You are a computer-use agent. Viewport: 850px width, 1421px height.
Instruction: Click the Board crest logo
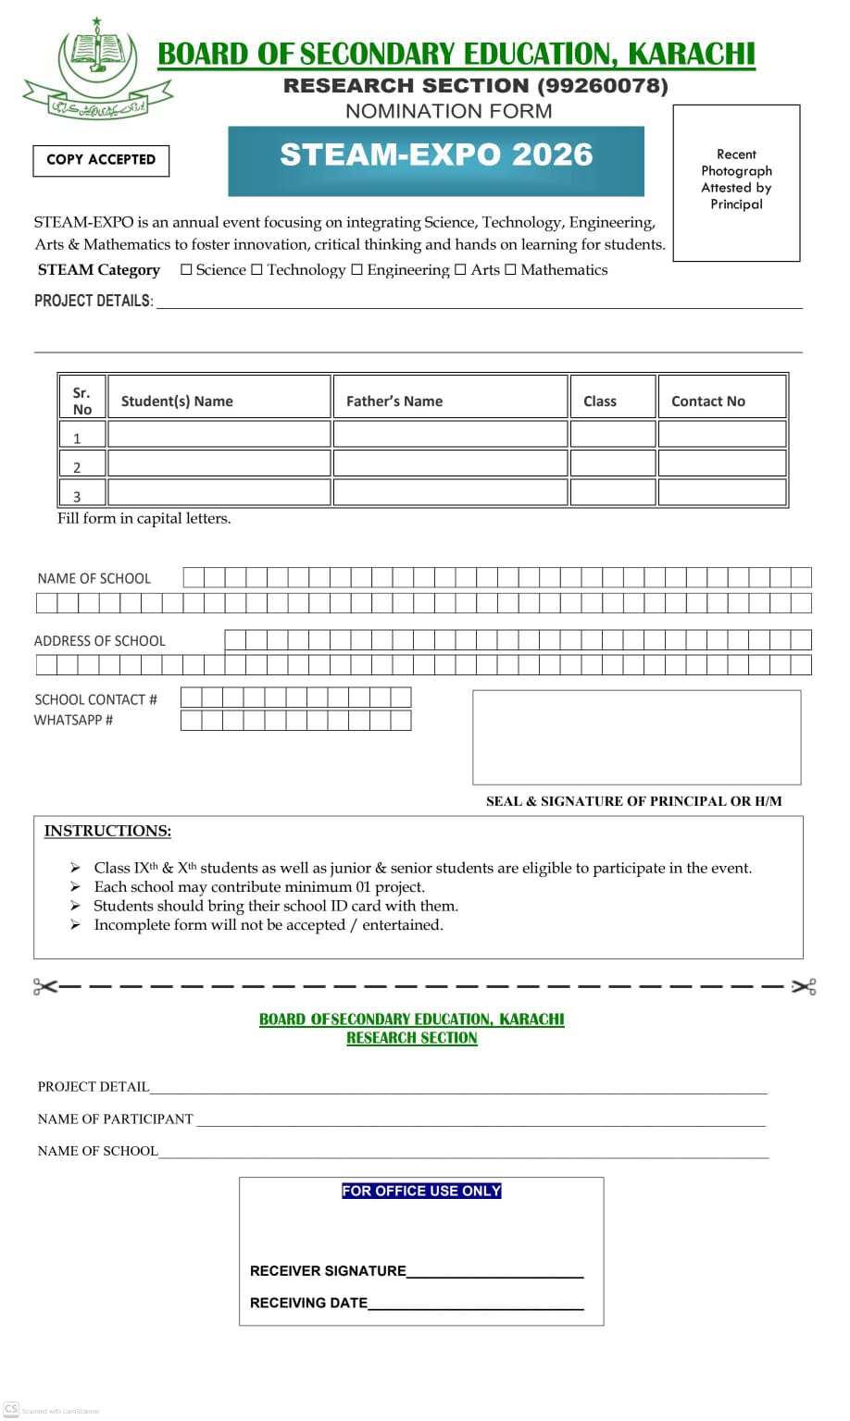tap(97, 69)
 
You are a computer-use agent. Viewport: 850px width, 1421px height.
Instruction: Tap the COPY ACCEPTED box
tap(101, 160)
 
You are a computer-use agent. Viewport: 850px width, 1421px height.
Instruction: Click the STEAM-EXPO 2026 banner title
tap(436, 154)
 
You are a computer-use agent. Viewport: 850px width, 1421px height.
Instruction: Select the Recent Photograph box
tap(736, 182)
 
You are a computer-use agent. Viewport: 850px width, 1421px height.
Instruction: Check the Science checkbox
tap(186, 270)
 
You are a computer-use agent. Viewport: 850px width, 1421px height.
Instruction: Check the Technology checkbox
tap(257, 270)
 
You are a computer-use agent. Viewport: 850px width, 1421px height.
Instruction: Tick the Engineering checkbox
tap(357, 270)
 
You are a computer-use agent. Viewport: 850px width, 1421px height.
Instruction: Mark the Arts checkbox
tap(461, 270)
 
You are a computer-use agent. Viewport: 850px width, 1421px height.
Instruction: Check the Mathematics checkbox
tap(511, 270)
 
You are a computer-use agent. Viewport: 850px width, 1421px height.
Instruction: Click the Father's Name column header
tap(394, 402)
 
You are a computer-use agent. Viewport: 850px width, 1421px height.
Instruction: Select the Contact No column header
tap(708, 402)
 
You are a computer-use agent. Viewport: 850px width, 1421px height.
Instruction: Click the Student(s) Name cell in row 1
tap(219, 434)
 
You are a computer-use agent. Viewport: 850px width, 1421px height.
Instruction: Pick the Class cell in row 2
tap(613, 463)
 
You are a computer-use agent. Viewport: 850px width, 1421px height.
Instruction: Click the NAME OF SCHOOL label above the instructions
tap(94, 579)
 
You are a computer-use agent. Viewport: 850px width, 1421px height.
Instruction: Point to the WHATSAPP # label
tap(74, 721)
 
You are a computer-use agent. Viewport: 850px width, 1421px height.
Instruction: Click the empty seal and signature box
tap(636, 737)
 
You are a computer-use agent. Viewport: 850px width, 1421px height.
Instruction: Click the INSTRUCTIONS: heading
tap(107, 832)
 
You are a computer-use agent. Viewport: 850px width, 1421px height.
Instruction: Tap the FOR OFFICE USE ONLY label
tap(421, 1192)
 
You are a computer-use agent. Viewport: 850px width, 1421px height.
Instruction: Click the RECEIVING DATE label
tap(308, 1304)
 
